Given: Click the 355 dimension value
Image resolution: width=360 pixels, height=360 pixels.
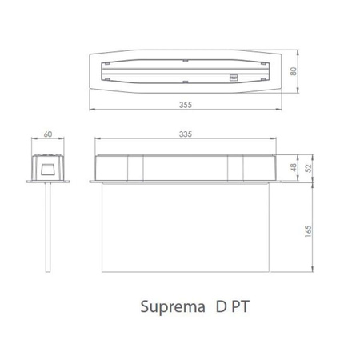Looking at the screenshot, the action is [186, 105].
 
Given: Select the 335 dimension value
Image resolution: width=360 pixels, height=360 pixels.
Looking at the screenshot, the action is [186, 134].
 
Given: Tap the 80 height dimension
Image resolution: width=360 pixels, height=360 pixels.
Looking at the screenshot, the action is [294, 71].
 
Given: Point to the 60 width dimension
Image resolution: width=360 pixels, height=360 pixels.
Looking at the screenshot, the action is [48, 134].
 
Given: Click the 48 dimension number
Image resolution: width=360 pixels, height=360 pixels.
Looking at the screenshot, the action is [294, 167].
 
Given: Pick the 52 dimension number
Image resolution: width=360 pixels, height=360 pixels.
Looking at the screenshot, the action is [308, 168].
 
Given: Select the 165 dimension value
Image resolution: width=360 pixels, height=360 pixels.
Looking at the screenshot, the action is [308, 231].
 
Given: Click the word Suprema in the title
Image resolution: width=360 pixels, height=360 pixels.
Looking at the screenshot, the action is [173, 307].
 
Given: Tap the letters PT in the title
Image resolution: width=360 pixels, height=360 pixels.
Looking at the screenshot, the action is [240, 306].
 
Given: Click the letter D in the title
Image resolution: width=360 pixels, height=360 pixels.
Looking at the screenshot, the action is [221, 306].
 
